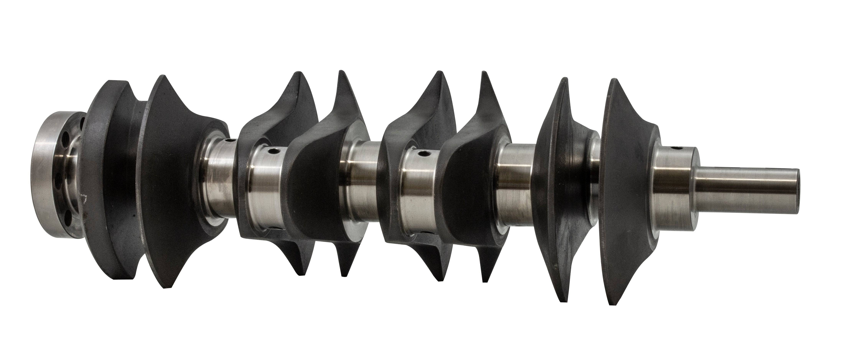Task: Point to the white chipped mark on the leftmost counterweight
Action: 84,197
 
